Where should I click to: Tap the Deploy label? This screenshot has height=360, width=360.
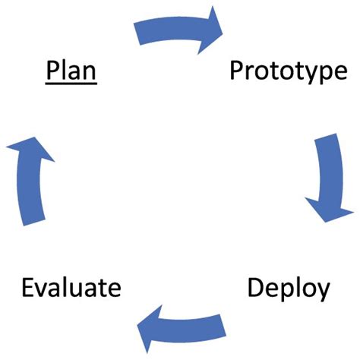click(x=288, y=289)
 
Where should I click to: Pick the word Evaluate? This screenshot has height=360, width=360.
click(x=71, y=289)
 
